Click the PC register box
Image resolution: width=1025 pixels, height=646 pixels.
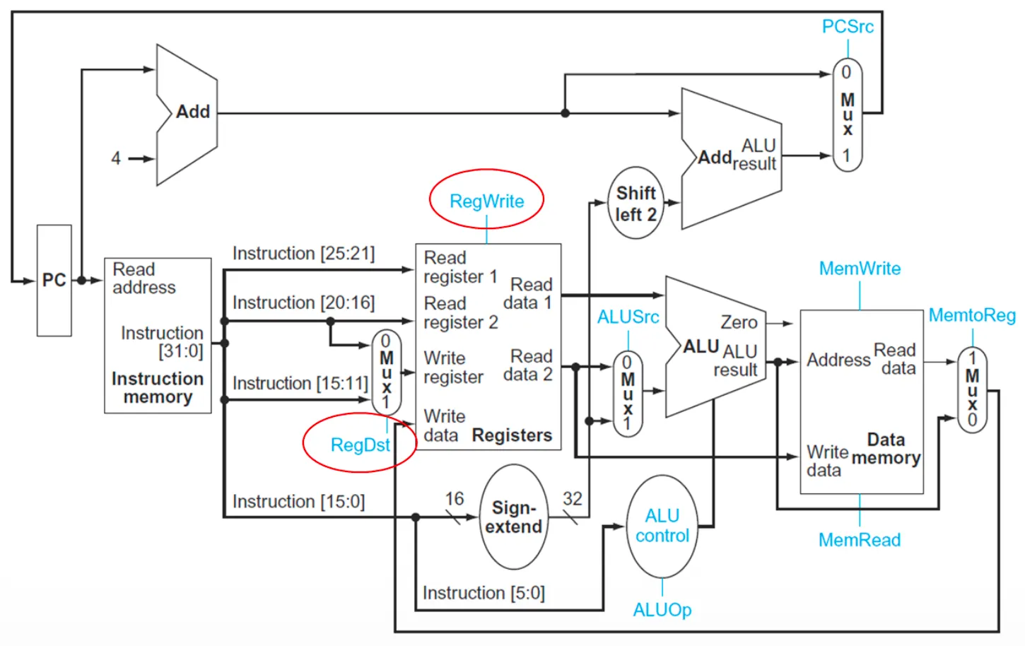(x=54, y=281)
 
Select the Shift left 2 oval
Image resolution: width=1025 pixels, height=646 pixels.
(x=635, y=204)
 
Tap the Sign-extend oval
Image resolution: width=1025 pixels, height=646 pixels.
(x=514, y=517)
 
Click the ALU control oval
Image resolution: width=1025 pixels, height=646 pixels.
(x=662, y=526)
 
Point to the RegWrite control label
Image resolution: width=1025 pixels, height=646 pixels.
(x=486, y=201)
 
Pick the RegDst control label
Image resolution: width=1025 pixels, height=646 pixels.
(x=360, y=445)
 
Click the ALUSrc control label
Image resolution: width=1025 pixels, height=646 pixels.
(x=628, y=317)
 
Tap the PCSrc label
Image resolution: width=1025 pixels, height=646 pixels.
(x=848, y=27)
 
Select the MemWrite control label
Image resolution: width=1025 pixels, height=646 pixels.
(x=860, y=269)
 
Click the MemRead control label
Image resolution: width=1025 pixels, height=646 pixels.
(x=860, y=540)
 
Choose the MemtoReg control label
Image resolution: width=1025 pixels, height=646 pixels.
(x=972, y=315)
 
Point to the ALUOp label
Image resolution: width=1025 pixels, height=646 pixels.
(x=662, y=610)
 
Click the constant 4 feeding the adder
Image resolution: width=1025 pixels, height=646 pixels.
(x=116, y=158)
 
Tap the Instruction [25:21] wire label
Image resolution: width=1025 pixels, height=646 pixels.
(x=303, y=253)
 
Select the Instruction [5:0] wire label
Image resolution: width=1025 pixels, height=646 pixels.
(x=484, y=593)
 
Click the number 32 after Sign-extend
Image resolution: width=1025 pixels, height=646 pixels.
(x=572, y=499)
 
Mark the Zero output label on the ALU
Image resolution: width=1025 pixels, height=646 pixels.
(x=739, y=322)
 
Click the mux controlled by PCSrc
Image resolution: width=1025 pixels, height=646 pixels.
(x=847, y=114)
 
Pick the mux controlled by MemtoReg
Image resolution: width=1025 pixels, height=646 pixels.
(x=972, y=389)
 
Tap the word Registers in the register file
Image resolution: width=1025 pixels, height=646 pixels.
(x=512, y=435)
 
